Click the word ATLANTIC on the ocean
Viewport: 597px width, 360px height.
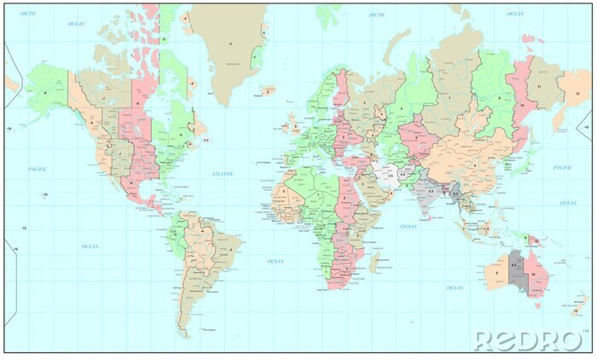pos(223,173)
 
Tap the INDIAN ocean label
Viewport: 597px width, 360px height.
pos(409,226)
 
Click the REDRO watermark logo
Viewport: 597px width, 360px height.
pos(528,340)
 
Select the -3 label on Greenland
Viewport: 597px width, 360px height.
pos(229,43)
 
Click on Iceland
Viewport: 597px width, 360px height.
pos(269,90)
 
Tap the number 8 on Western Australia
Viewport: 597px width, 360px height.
pos(496,273)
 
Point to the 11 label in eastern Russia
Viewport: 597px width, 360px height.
pos(540,87)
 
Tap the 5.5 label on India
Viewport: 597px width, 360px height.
pos(431,191)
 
